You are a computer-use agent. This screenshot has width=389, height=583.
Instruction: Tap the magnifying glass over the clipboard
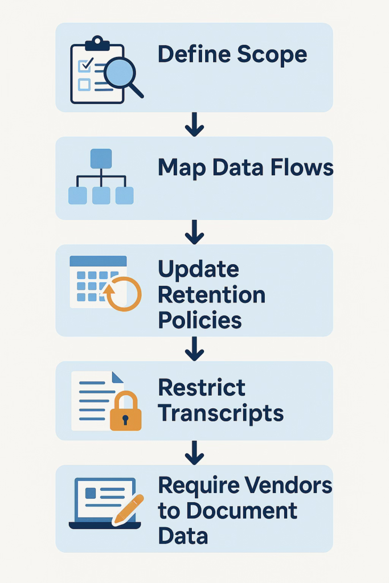[121, 74]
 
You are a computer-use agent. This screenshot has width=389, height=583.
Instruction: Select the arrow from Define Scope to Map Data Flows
[194, 124]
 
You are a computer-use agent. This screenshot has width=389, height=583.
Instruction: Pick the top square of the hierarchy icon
[101, 158]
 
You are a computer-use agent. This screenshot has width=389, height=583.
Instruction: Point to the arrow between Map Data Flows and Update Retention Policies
[194, 232]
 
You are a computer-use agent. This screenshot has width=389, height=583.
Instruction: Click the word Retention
[211, 295]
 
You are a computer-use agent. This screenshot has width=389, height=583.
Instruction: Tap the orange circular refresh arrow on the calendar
[123, 294]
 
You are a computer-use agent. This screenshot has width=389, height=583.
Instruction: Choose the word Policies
[199, 320]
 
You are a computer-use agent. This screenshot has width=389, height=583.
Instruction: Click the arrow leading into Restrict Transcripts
[194, 348]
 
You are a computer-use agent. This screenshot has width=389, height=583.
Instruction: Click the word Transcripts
[220, 413]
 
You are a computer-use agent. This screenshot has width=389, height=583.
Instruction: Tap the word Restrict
[202, 388]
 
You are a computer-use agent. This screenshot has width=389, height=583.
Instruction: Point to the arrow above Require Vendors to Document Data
[194, 452]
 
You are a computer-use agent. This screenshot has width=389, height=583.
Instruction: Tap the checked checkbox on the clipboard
[85, 65]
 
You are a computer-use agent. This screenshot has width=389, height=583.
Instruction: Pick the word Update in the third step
[198, 269]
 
